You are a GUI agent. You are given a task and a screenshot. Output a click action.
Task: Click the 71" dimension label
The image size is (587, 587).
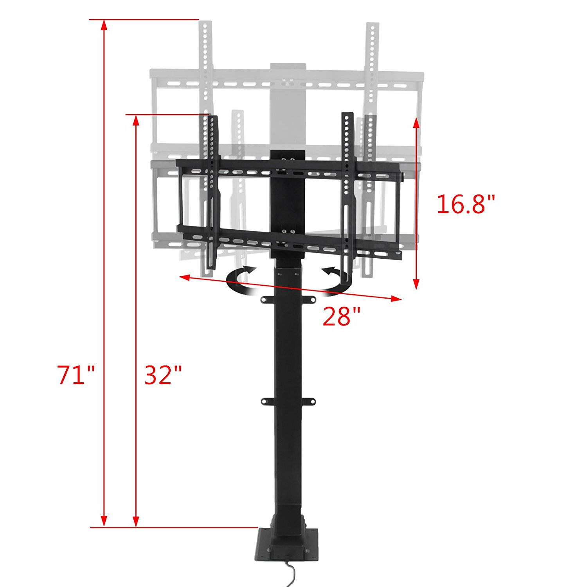click(76, 375)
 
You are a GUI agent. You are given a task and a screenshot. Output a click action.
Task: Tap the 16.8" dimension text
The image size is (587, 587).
click(466, 204)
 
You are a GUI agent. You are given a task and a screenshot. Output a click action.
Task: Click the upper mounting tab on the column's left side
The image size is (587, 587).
click(266, 299)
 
